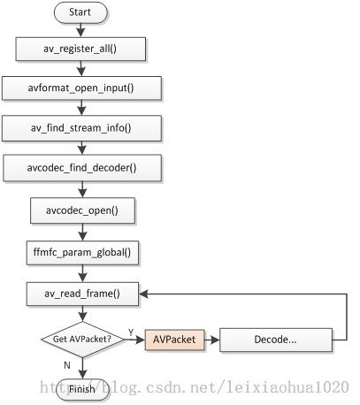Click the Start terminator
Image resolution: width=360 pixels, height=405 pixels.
tap(80, 12)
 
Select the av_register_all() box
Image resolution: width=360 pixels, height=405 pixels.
tap(80, 49)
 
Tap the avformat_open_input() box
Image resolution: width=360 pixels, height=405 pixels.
tap(81, 88)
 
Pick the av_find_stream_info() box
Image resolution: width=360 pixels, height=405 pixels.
tap(81, 128)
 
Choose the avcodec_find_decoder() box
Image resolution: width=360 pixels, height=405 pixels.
tap(82, 168)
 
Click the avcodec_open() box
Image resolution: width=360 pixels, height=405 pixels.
tap(82, 210)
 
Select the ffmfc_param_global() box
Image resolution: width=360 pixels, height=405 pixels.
tap(82, 253)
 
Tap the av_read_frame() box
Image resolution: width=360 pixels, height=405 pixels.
tap(82, 294)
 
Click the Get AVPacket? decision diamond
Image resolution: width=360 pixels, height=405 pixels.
tap(82, 340)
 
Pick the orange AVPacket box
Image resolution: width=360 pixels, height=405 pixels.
tap(174, 340)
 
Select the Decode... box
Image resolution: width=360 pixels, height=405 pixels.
tap(276, 340)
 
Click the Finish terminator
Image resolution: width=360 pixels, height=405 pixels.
tap(82, 389)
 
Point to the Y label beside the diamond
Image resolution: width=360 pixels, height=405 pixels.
tap(131, 332)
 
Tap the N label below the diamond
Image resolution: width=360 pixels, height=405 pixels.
tap(67, 365)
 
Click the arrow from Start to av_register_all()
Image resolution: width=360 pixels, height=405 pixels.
tap(80, 30)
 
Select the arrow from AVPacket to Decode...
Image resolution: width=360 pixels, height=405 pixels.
tap(212, 340)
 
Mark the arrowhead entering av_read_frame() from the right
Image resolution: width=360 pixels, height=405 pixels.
tap(143, 294)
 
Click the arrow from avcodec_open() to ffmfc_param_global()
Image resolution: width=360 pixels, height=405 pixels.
tap(82, 233)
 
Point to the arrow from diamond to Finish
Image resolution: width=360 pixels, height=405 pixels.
tap(82, 368)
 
